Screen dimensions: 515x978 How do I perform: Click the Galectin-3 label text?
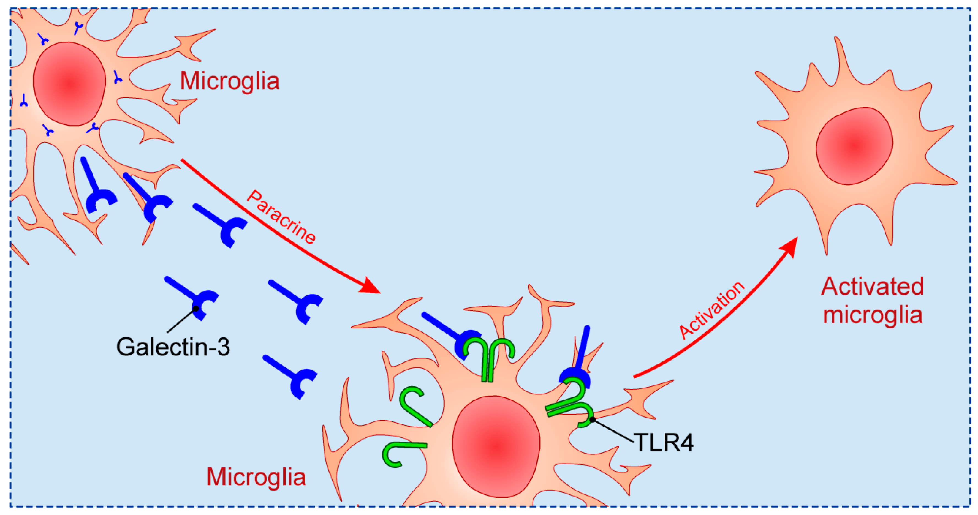pos(173,347)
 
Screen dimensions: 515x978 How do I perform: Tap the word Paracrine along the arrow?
pos(281,217)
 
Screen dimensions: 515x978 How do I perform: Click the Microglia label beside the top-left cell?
pos(229,81)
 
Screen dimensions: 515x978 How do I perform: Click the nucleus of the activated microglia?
pos(854,146)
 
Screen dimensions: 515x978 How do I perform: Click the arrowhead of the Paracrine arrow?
pos(370,286)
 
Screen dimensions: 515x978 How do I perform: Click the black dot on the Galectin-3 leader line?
pos(196,309)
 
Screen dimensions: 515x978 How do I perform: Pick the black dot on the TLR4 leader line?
pos(592,419)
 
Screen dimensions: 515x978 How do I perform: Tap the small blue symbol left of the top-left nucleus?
pos(24,100)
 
